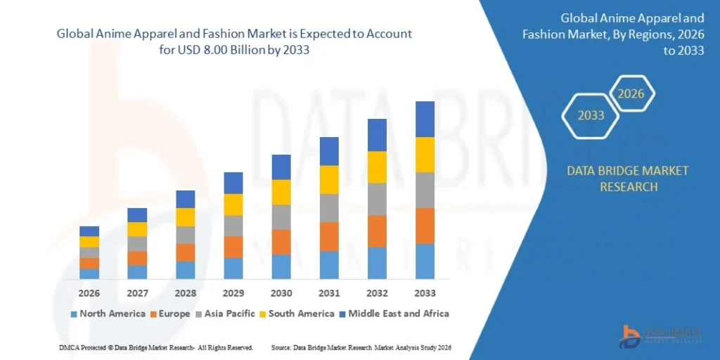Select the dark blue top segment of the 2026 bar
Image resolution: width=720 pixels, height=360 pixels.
[89, 231]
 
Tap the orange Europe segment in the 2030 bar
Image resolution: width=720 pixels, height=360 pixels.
[281, 242]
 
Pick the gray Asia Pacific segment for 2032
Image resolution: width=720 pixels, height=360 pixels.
[377, 199]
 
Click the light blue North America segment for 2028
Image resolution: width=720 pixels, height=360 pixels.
[186, 270]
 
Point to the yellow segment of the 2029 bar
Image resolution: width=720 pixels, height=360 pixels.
[233, 205]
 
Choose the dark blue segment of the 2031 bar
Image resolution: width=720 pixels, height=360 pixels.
[329, 151]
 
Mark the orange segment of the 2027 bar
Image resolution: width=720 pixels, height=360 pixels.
[137, 258]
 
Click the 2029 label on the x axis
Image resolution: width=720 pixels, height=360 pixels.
[233, 292]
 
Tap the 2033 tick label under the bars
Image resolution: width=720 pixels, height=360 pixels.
[425, 292]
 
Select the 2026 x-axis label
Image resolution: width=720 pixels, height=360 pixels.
[89, 292]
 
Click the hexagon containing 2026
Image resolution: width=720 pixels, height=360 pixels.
[631, 94]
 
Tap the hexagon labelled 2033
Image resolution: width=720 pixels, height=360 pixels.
[591, 115]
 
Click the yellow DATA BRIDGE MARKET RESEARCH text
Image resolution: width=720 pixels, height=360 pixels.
[617, 179]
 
